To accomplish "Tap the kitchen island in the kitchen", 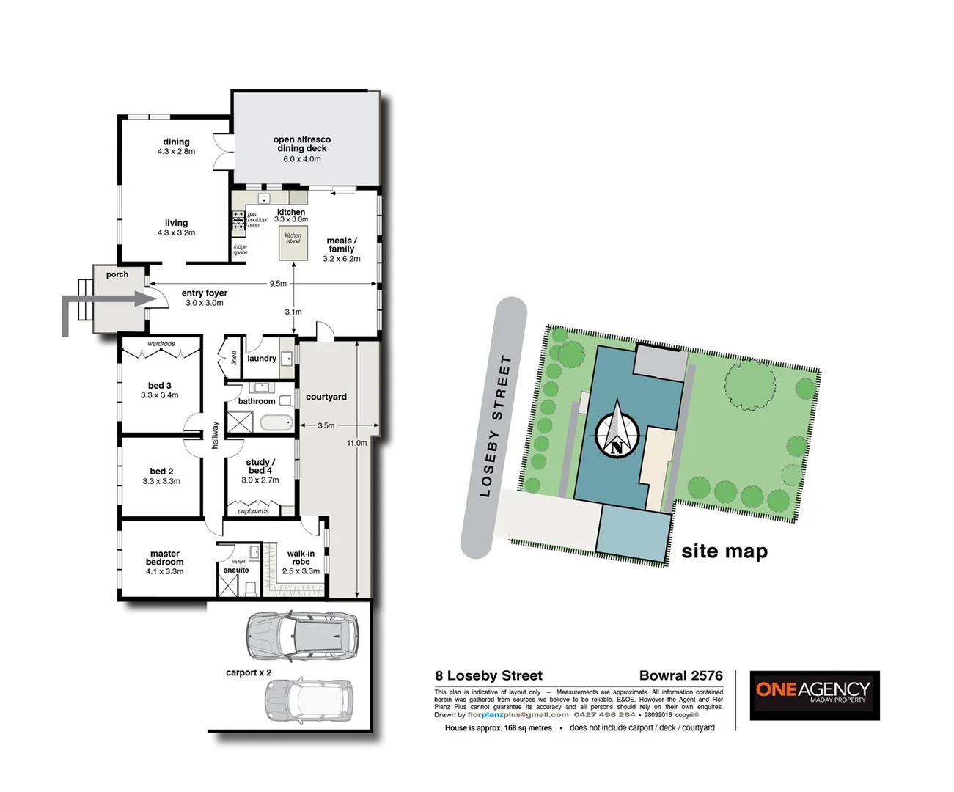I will pos(293,243).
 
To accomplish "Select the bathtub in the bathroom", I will pos(276,423).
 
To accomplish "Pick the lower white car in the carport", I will pos(309,700).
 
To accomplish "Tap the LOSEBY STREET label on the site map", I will pos(495,426).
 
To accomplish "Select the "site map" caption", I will pos(724,551).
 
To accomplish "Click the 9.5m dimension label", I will pos(278,283).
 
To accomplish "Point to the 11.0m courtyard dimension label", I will pos(357,443).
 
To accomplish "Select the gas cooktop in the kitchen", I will pos(238,219).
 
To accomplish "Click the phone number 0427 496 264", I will pos(604,714).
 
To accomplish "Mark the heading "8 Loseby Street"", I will pos(488,675).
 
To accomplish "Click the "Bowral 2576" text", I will pos(680,675).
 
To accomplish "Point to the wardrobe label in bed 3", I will pos(161,344).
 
